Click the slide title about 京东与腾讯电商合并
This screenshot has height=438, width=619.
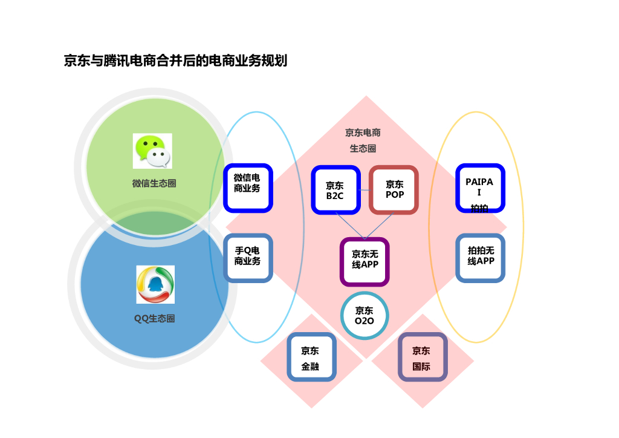point(175,61)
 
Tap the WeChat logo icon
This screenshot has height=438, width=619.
point(152,151)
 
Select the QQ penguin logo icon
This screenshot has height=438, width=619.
point(155,284)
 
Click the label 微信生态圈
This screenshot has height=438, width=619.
point(154,183)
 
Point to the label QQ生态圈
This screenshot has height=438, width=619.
point(154,318)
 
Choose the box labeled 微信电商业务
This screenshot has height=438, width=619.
point(248,188)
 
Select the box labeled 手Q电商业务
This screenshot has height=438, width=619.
point(248,258)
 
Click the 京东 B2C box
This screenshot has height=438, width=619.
point(335,190)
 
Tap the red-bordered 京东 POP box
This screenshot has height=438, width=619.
point(394,189)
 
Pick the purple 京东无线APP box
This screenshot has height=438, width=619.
point(365,261)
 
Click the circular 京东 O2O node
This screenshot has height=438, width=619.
point(365,315)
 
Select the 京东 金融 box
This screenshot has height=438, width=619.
point(311,358)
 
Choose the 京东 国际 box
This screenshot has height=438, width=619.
point(422,358)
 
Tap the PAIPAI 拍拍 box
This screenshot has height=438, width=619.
point(480,188)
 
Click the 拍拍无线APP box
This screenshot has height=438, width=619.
point(480,258)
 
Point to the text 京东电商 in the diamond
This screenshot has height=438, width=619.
point(363,132)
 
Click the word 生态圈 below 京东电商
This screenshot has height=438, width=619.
point(363,148)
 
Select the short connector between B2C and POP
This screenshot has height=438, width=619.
point(364,191)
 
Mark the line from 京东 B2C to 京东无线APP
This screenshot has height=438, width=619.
point(351,226)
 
